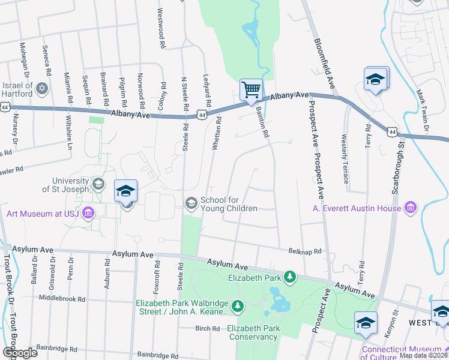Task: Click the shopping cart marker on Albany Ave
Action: coord(252,90)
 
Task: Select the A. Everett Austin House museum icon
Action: coord(411,208)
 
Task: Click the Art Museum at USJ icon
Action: coord(88,213)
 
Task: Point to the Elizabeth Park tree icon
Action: coord(291,276)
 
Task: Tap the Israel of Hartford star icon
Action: coord(41,89)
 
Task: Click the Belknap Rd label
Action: coord(305,251)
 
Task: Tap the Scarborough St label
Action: coord(397,173)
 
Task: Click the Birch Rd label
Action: coord(207,328)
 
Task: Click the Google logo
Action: coord(19,353)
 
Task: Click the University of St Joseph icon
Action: coord(97,184)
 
